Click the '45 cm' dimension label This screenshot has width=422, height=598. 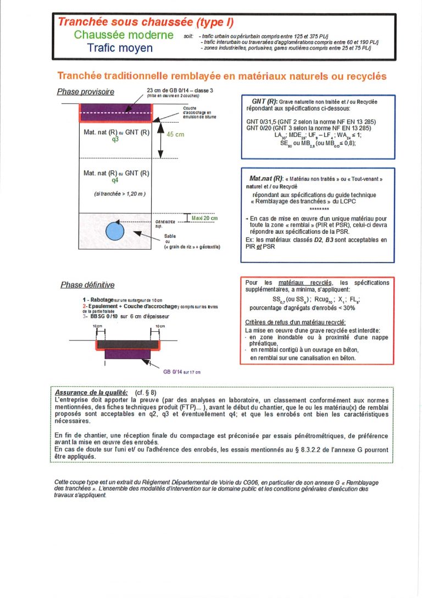click(x=175, y=134)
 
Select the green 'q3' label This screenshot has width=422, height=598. click(x=115, y=139)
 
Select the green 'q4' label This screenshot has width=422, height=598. click(x=115, y=180)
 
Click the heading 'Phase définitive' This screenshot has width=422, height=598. click(x=87, y=285)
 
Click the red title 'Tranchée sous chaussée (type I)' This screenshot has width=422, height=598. click(x=146, y=22)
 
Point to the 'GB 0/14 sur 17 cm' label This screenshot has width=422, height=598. click(x=182, y=371)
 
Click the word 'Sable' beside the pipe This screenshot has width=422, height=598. click(x=170, y=235)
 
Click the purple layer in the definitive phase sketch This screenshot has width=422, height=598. click(x=127, y=354)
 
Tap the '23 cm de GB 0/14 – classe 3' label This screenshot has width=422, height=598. click(x=177, y=90)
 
